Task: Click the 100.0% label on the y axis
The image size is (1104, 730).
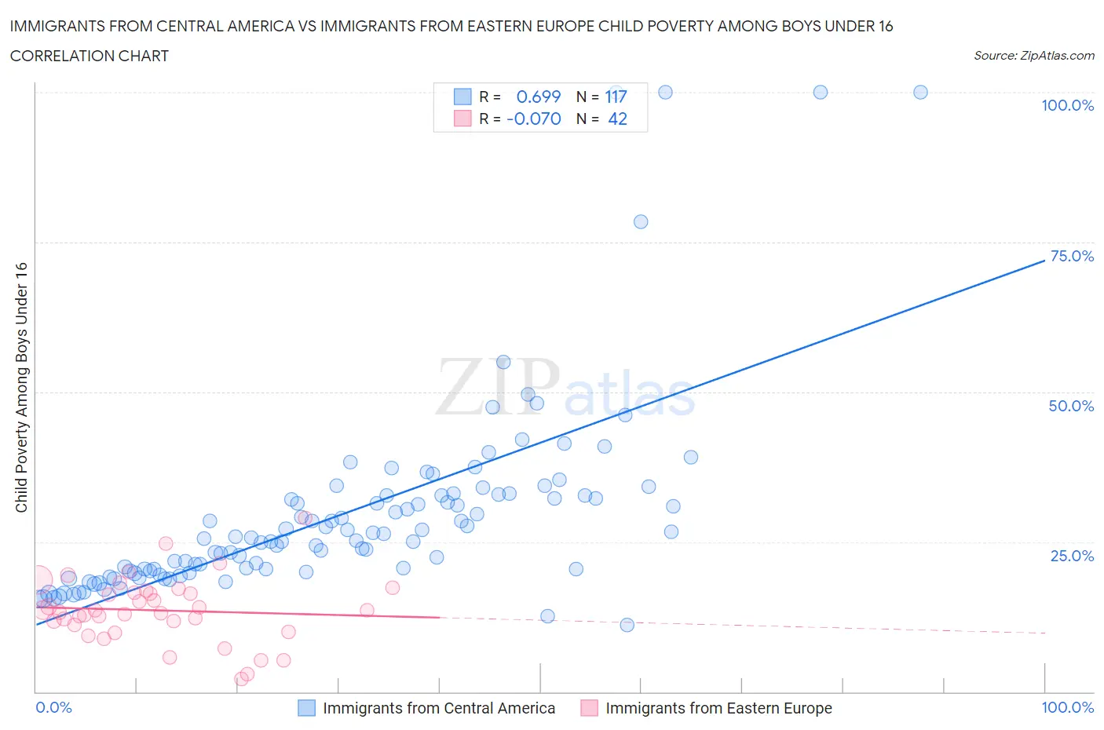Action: [1067, 105]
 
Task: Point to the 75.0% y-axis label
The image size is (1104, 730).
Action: [1071, 256]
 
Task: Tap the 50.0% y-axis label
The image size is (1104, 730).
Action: [1071, 406]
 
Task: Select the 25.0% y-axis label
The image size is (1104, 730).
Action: [1071, 556]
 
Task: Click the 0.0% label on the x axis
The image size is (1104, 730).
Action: [53, 707]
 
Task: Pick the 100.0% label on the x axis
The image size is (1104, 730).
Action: [1067, 707]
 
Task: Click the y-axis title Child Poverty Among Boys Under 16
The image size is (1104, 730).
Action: [21, 387]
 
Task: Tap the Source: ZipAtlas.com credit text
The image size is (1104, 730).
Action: [1033, 56]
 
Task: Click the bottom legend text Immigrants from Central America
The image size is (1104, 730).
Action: [439, 708]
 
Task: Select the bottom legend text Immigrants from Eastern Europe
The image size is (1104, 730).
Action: [718, 708]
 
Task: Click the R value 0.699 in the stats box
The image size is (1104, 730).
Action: [538, 97]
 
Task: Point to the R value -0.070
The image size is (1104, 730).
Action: [534, 119]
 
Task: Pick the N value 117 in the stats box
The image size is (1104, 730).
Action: [616, 97]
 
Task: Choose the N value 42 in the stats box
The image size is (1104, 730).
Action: [617, 119]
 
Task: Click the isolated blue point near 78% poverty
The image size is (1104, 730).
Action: [641, 221]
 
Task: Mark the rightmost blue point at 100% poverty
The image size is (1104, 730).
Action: [920, 92]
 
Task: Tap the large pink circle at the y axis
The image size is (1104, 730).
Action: [37, 580]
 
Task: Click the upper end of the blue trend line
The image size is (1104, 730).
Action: [1044, 260]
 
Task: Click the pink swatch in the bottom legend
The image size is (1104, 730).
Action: [589, 708]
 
